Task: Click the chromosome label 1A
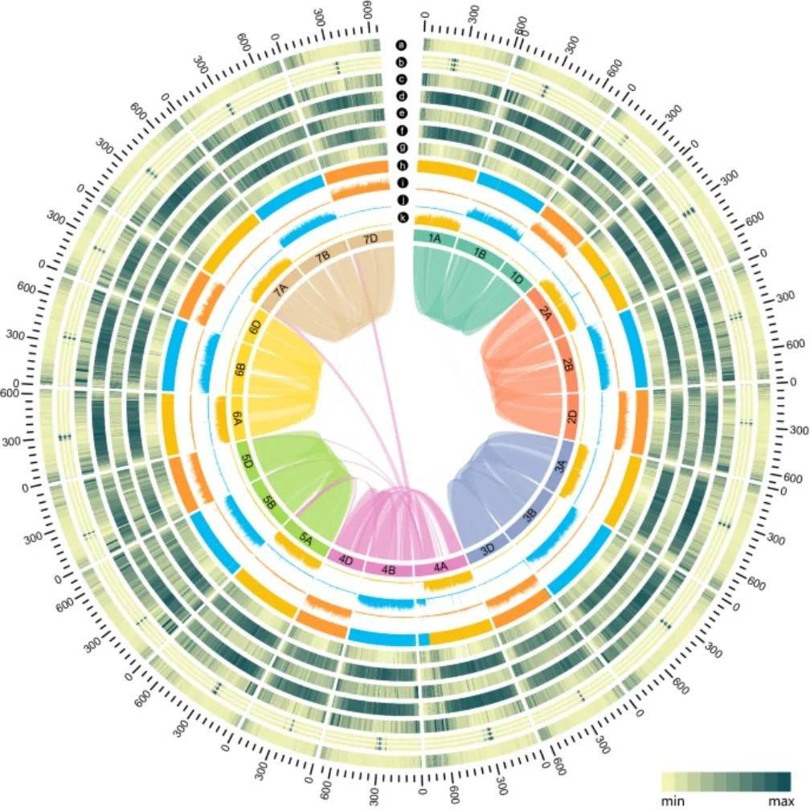(x=435, y=239)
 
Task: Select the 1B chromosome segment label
(x=481, y=253)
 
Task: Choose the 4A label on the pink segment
(x=441, y=567)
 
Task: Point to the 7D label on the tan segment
(x=370, y=239)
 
